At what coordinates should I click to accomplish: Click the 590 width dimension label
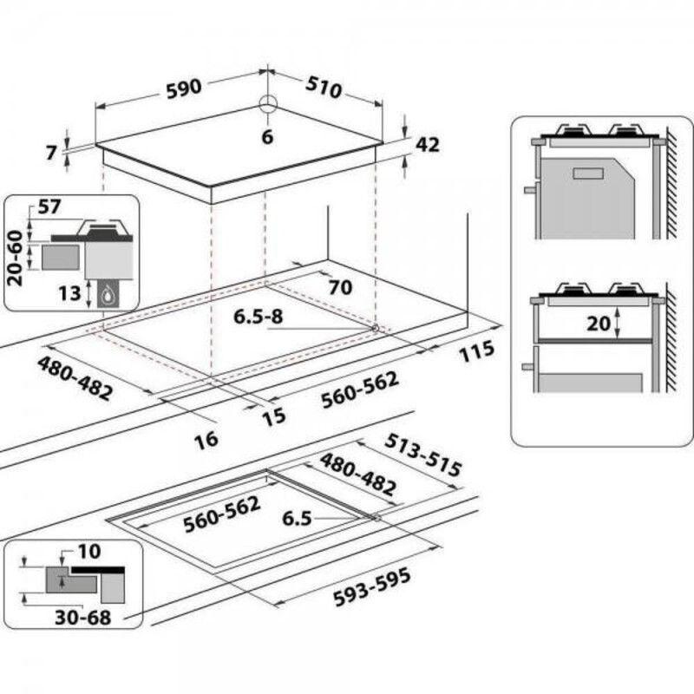click(x=184, y=88)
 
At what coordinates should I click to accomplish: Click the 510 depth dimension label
click(x=324, y=88)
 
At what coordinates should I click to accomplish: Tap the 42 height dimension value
click(x=428, y=145)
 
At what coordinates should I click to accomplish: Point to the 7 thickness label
click(x=51, y=153)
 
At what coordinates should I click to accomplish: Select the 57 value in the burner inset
click(x=49, y=206)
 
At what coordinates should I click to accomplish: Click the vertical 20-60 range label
click(x=15, y=258)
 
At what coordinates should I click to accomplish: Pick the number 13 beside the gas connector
click(x=69, y=293)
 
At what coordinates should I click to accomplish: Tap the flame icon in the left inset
click(x=107, y=296)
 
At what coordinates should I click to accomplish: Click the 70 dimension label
click(x=340, y=287)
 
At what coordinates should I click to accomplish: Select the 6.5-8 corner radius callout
click(x=258, y=317)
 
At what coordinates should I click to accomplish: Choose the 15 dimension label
click(x=274, y=416)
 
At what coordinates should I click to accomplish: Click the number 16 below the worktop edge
click(x=206, y=440)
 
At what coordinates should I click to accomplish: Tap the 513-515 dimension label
click(x=423, y=455)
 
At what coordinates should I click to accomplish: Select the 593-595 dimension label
click(x=372, y=587)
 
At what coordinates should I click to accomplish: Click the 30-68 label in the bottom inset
click(x=82, y=618)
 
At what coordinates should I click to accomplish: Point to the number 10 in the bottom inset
click(x=89, y=552)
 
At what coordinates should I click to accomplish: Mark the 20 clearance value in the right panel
click(x=599, y=324)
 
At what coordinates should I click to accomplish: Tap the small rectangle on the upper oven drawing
click(x=588, y=173)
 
